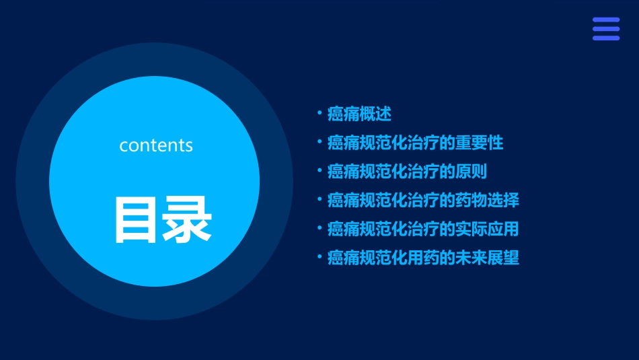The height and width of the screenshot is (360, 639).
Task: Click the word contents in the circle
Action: [x=156, y=145]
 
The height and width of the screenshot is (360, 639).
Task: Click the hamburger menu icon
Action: [x=606, y=29]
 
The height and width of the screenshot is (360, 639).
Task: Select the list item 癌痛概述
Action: [x=359, y=114]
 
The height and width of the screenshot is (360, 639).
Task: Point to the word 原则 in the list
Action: [x=471, y=172]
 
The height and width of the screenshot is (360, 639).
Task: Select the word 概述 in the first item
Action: [x=375, y=114]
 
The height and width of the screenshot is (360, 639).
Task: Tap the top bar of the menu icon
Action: [x=606, y=20]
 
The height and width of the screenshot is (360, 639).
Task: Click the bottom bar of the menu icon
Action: [x=606, y=38]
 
